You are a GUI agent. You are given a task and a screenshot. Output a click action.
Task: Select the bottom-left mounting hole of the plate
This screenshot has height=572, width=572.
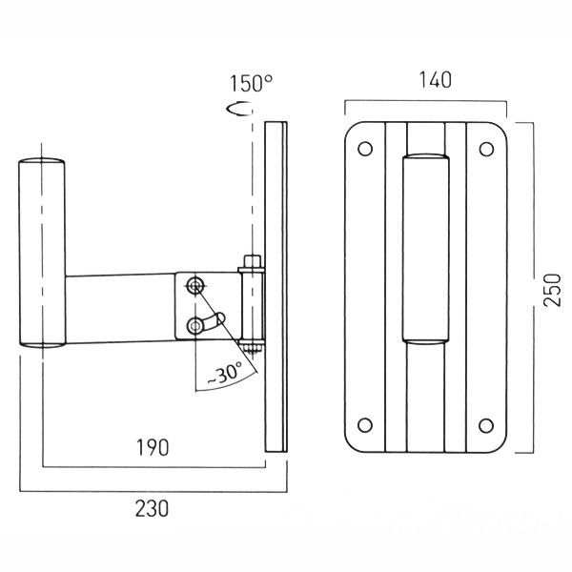coord(363,424)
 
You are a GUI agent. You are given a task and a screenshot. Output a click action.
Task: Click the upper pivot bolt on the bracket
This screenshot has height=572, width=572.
coord(195,285)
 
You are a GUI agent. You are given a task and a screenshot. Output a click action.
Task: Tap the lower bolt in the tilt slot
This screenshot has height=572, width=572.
coord(195,326)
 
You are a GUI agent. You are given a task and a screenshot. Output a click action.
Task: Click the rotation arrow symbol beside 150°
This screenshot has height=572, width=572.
coord(238,110)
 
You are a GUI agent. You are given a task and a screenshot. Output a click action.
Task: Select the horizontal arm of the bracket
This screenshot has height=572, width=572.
coord(119,307)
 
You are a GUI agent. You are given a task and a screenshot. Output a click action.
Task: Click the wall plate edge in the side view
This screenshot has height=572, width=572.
coord(276,286)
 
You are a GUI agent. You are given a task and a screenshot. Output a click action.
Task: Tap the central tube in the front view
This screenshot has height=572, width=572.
coord(424,248)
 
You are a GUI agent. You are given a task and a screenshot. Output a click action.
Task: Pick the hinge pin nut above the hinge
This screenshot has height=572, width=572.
coord(252,260)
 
